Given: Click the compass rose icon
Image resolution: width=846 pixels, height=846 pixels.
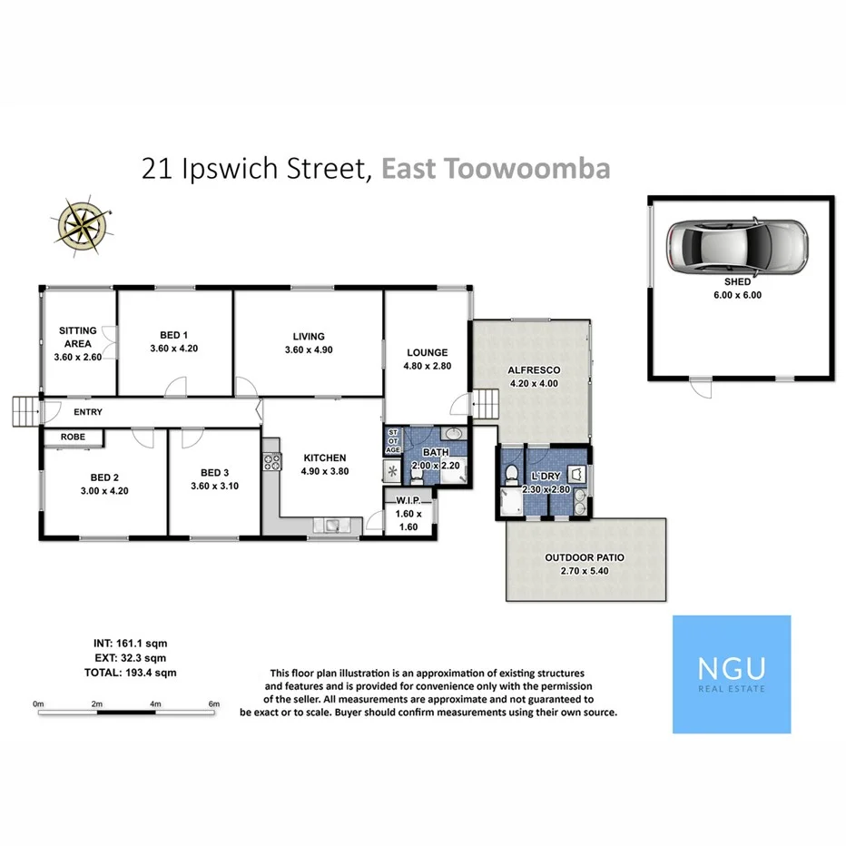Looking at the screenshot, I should pos(84,221).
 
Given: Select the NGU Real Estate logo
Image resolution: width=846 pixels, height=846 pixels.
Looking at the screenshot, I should pos(731,674).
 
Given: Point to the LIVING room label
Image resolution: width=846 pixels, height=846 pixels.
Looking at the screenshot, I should pos(308,343).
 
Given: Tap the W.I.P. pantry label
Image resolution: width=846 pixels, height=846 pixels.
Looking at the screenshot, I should pos(406,513).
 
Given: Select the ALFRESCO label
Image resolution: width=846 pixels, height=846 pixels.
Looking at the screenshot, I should pos(536,377).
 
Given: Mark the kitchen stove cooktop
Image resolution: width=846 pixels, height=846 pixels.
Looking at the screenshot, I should pos(271,462).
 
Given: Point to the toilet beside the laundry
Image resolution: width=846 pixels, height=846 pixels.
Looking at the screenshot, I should pos(512,472).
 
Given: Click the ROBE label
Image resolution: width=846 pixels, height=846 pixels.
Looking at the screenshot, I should pos(74,437).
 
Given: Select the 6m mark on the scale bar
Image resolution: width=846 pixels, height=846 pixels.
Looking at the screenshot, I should pos(214,703).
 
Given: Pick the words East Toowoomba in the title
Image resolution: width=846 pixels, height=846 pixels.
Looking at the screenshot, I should pos(495,169).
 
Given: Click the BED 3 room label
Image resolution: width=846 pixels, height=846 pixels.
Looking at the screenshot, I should pos(214,479).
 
